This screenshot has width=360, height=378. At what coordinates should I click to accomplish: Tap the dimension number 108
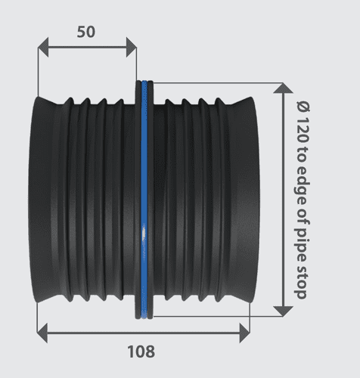141,352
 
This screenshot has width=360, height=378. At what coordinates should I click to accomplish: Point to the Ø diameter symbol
301,106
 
